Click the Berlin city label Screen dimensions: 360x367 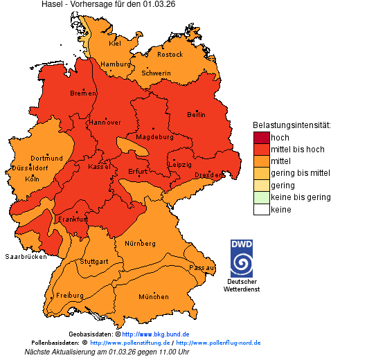pos(196,114)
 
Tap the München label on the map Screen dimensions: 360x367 pos(154,297)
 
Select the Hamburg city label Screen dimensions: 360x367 pos(116,64)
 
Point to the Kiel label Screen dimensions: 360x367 pos(115,43)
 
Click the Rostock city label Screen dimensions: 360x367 pos(170,54)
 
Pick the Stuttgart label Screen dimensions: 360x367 pos(94,262)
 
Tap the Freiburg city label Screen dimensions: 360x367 pos(70,295)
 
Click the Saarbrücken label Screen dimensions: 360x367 pos(26,256)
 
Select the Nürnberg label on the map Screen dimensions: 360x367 pos(140,244)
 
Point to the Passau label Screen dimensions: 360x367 pos(202,267)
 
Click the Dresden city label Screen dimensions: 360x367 pos(208,175)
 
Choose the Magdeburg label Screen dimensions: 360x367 pos(154,136)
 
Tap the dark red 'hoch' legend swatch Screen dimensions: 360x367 pos(261,138)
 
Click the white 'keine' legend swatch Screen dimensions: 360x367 pos(261,209)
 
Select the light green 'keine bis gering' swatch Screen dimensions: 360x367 pos(261,197)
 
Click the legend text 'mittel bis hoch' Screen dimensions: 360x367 pos(297,150)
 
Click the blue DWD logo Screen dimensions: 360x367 pos(242,258)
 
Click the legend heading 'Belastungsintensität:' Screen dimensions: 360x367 pos(291,125)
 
